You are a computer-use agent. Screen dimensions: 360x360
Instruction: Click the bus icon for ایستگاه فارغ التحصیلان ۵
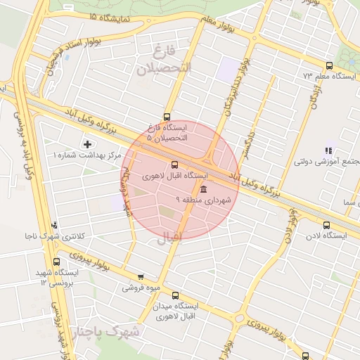coord(167,117)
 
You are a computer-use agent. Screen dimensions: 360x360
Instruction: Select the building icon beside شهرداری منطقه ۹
coord(203,191)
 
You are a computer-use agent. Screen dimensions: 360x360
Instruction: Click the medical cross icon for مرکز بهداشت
coord(86,144)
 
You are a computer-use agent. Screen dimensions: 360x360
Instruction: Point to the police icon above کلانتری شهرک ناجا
coord(55,225)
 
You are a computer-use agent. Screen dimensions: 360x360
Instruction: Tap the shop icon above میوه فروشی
coord(141,276)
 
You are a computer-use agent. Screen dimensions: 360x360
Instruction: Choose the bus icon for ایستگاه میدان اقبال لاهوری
coord(175,296)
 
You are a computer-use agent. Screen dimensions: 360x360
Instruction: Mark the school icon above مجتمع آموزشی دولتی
coord(326,150)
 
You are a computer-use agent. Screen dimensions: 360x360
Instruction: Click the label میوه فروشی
coord(141,288)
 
